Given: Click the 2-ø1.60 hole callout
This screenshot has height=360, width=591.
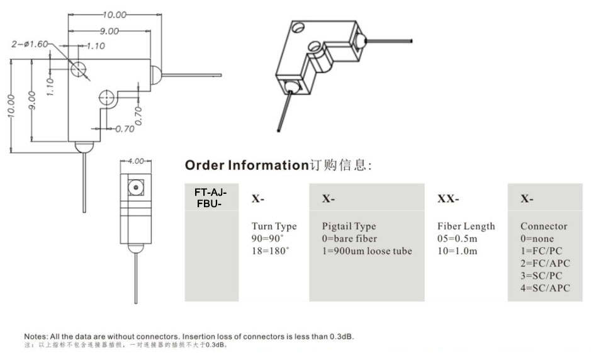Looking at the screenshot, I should (x=30, y=44).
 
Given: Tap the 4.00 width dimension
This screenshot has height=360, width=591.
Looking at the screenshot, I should (x=136, y=161).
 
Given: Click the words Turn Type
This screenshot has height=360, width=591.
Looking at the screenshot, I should (x=274, y=227).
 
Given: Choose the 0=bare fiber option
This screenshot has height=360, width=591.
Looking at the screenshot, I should (x=350, y=239).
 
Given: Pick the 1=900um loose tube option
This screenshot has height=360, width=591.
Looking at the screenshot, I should (x=367, y=251).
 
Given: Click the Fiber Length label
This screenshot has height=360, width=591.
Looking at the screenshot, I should (x=466, y=227).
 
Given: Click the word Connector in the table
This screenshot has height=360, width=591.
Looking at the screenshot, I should (x=544, y=227).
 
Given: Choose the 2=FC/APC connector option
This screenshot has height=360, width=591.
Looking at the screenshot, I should (x=545, y=264).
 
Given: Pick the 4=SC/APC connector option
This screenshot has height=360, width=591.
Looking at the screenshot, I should (x=545, y=288).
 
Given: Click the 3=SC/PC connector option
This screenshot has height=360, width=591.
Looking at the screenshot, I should (x=542, y=276).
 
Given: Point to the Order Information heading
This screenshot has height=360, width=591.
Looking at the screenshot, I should (x=245, y=166).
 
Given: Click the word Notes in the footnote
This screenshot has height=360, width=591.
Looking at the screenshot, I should (x=35, y=337).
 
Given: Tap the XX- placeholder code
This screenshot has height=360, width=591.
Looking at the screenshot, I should (x=448, y=199).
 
